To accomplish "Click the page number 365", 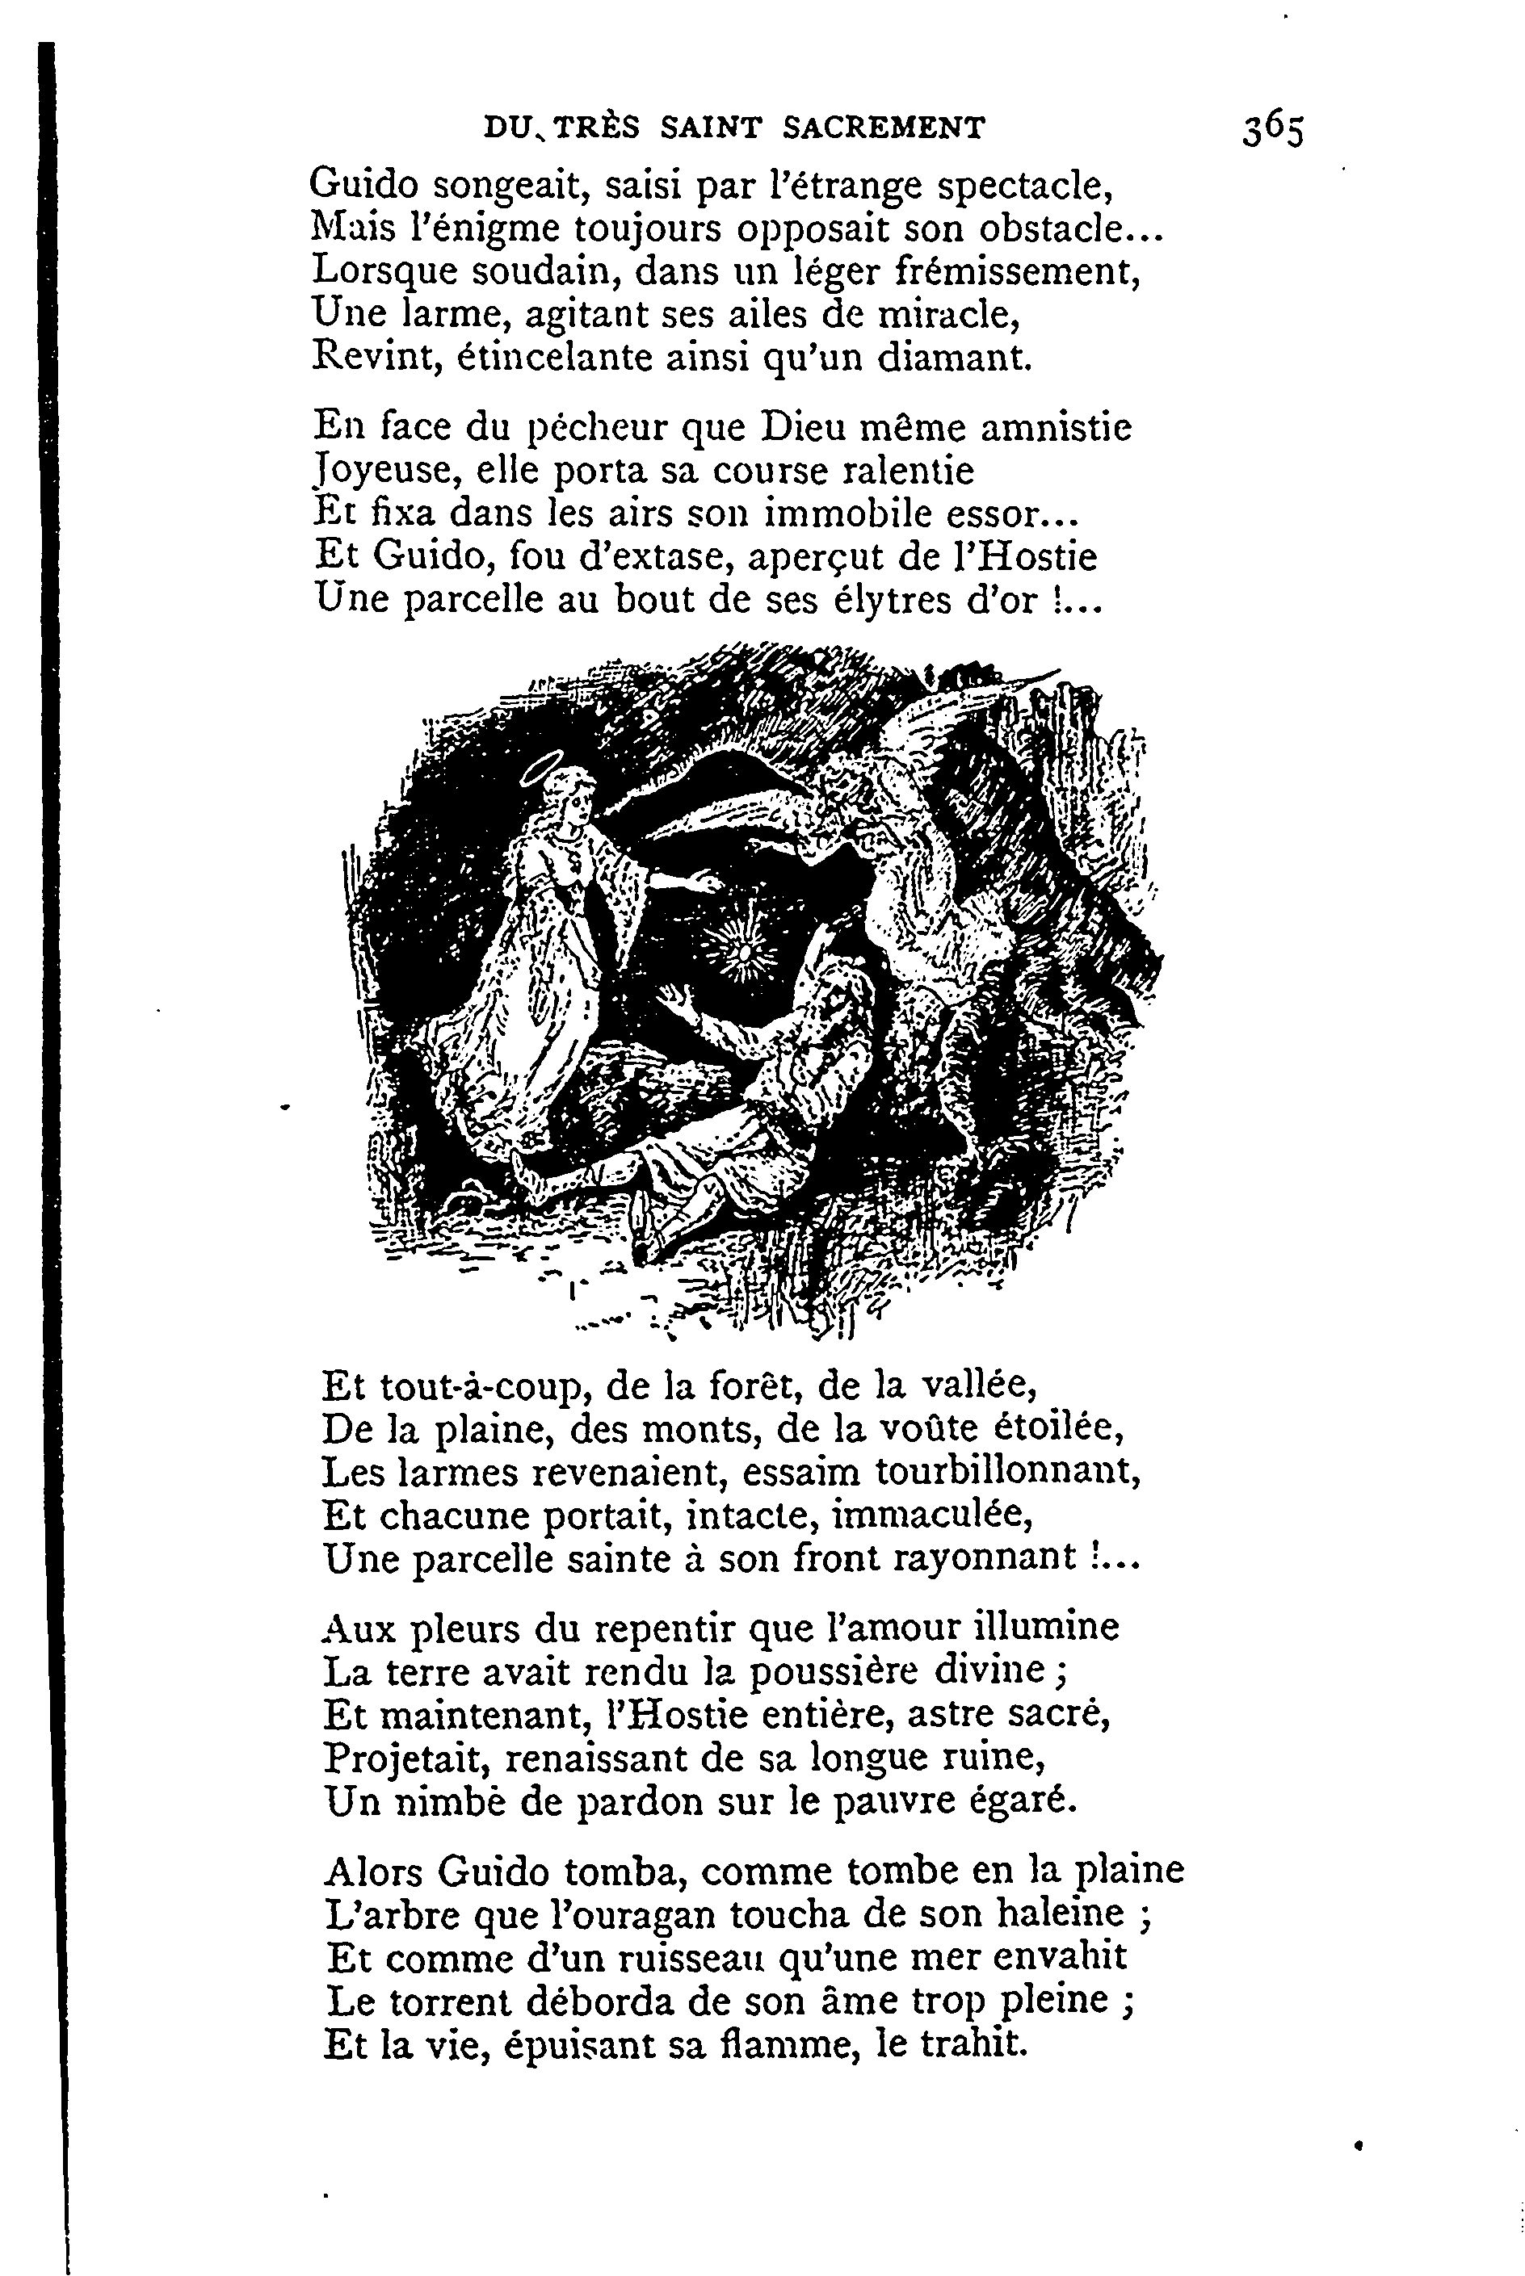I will click(1272, 129).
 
